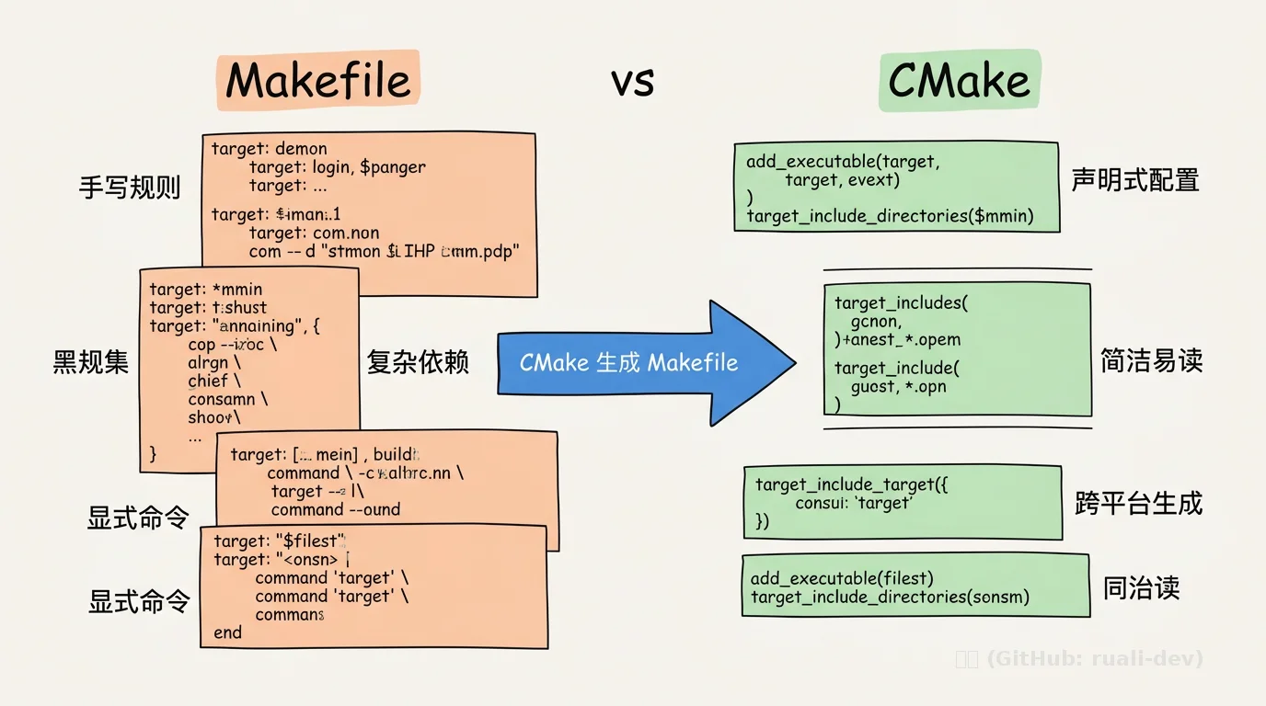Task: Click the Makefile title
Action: pos(317,81)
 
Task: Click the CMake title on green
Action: pos(959,82)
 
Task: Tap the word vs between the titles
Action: pos(632,82)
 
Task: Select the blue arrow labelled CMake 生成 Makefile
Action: pos(644,362)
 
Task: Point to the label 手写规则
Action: pos(130,188)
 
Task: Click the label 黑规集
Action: pos(91,362)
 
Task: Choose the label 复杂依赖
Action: pos(418,362)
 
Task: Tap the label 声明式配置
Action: pos(1134,180)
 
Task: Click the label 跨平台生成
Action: pos(1138,503)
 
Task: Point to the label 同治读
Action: pos(1141,588)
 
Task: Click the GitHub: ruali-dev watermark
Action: pos(1078,658)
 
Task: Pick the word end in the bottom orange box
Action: pos(227,632)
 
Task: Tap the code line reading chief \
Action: pos(214,381)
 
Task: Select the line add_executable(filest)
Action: pos(842,578)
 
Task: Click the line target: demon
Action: pos(269,149)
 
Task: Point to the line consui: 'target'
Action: pos(853,503)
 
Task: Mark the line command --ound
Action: pos(335,509)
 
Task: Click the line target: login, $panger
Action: pos(337,167)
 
